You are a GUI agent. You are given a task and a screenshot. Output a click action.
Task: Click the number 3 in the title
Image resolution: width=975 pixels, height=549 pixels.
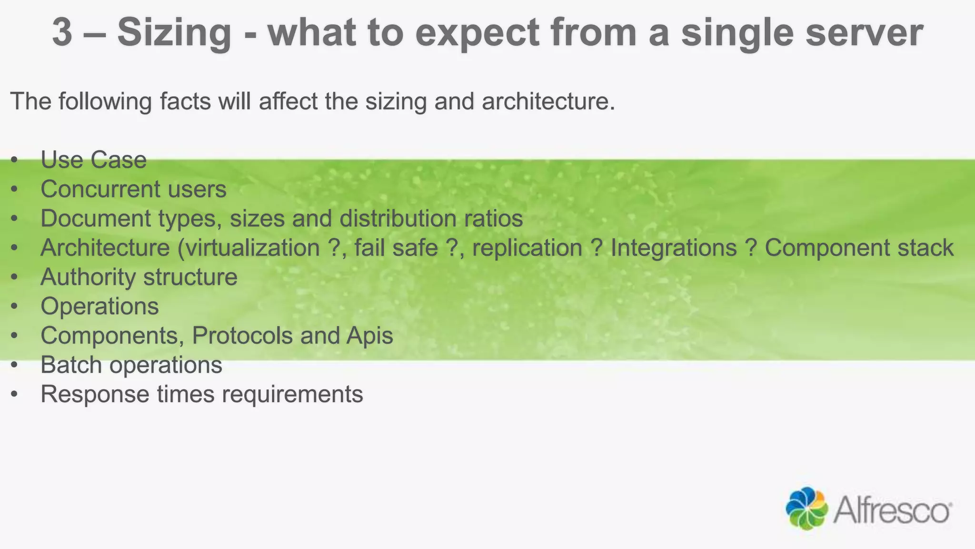(62, 32)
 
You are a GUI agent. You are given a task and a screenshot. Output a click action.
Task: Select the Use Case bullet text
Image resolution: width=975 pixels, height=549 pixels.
(93, 160)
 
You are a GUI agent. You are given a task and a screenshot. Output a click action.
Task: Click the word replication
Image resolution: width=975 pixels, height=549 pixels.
(527, 248)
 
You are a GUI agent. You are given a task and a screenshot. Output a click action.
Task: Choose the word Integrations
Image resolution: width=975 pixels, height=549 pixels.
(674, 248)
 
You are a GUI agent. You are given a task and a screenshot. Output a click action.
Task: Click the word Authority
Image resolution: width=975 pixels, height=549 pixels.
(88, 277)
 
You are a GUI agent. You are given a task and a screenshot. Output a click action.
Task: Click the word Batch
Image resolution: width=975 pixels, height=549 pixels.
(71, 365)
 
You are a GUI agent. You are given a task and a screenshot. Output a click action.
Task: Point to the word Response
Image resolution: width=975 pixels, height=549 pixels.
(95, 395)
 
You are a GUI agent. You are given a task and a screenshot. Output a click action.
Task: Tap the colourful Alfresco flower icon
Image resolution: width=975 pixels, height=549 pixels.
(806, 508)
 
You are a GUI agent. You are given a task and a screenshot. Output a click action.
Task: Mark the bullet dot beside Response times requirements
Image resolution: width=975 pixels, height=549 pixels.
(15, 395)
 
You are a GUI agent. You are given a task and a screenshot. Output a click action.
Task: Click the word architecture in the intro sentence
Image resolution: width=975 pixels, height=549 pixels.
(547, 102)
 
